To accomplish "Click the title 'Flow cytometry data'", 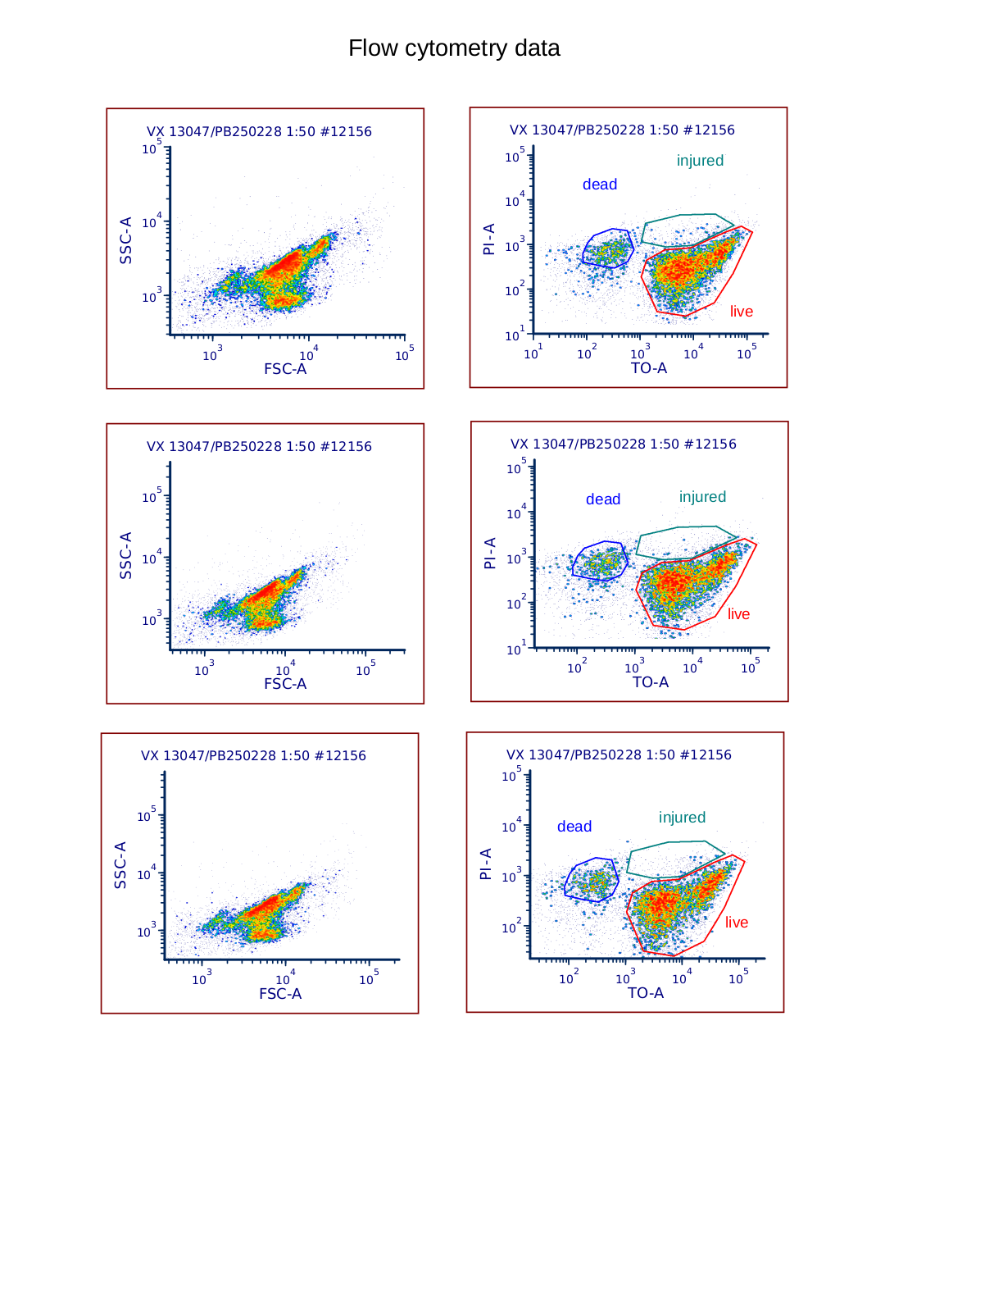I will pos(454,48).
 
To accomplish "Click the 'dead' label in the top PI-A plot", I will pos(600,185).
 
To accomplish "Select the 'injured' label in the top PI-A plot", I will pos(700,161).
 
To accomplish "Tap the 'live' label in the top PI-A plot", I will pos(742,312).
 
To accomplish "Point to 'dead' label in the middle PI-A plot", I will pos(603,499).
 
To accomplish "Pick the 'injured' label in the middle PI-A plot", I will pos(702,497).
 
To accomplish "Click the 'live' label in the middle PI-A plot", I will pos(738,614).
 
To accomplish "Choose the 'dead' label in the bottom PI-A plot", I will pos(574,827).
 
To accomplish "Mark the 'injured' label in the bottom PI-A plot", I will pos(682,818).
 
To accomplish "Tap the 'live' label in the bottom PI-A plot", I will pos(737,923).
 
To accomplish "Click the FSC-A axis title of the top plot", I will pos(285,369).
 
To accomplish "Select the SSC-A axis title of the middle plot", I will pos(126,555).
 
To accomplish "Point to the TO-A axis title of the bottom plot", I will pos(646,993).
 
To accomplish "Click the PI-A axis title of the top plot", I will pos(489,239).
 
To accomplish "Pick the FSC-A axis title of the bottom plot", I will pos(280,994).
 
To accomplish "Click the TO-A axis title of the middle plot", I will pos(651,682).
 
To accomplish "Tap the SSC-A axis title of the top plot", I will pos(126,240).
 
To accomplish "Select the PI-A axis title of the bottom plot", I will pos(486,864).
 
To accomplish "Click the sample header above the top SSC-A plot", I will pos(259,132).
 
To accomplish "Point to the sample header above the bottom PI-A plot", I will pos(619,755).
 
